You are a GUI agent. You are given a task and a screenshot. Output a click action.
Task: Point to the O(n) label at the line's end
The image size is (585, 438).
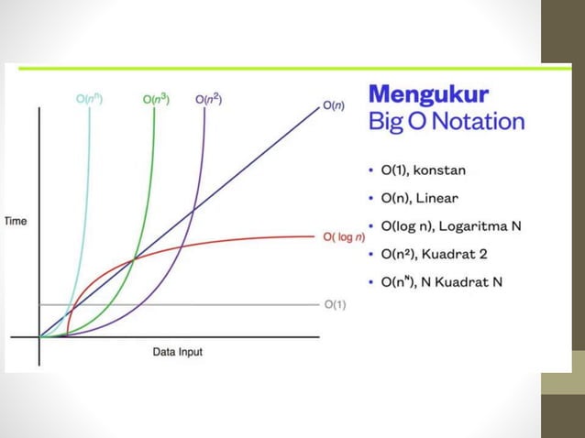click(x=334, y=105)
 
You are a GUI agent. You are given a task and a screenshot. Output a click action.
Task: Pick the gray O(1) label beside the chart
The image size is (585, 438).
click(x=335, y=304)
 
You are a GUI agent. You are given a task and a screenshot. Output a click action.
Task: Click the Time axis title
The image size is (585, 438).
click(x=17, y=222)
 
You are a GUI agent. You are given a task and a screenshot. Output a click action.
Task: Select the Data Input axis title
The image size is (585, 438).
click(x=177, y=352)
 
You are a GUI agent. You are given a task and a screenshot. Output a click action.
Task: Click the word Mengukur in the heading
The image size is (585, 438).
click(x=428, y=94)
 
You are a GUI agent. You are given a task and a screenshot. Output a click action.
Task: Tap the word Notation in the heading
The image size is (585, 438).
click(x=477, y=121)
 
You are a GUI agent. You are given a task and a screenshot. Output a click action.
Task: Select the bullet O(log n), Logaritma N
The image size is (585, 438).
click(x=451, y=225)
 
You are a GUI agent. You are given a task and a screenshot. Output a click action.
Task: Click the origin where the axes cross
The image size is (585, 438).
click(x=39, y=337)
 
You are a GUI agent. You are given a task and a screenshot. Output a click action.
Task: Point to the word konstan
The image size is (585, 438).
click(x=464, y=170)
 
